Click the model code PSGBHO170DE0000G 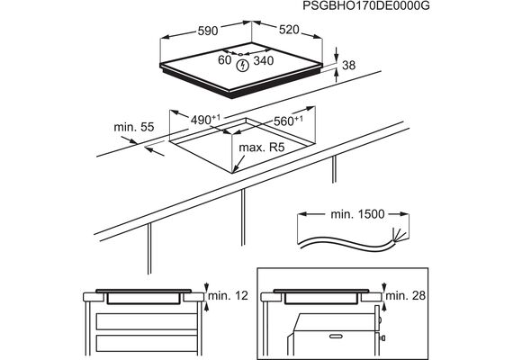[366, 5]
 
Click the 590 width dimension [208, 31]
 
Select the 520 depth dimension [289, 30]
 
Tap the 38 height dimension [349, 65]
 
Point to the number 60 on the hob [224, 60]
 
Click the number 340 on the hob [264, 60]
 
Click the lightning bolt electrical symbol [242, 66]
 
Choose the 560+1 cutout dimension [288, 121]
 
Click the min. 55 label [134, 127]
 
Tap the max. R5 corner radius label [262, 148]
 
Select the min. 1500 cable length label [357, 214]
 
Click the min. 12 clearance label [228, 295]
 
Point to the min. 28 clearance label [406, 295]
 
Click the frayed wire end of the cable [400, 235]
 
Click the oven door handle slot [337, 336]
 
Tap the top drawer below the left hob [147, 321]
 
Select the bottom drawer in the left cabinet [147, 343]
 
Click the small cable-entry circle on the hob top [240, 54]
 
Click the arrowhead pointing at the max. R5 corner [235, 169]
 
